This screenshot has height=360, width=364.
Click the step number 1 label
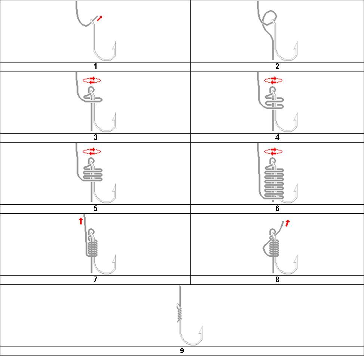[x=95, y=67]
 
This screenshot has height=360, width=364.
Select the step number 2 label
[x=277, y=67]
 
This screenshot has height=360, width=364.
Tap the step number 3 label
[x=95, y=137]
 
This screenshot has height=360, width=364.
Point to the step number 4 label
[x=277, y=137]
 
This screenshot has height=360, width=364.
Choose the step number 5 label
[x=95, y=208]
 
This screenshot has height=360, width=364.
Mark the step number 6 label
[x=277, y=208]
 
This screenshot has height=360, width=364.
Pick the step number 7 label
[x=95, y=280]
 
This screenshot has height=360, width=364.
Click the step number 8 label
[x=277, y=280]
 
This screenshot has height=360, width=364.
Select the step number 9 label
[x=182, y=351]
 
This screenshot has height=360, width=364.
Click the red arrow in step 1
[x=100, y=18]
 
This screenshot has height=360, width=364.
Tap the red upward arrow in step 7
[x=80, y=221]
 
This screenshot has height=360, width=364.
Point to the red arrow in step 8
[x=287, y=223]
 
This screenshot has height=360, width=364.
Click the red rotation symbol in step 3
[x=92, y=80]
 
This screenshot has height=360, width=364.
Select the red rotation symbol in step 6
[x=273, y=152]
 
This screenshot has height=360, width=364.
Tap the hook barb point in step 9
[x=202, y=326]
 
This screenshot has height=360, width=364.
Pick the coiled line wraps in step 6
[x=274, y=183]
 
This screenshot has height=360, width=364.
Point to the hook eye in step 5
[x=91, y=161]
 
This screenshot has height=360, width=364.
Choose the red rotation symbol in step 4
[x=273, y=80]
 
